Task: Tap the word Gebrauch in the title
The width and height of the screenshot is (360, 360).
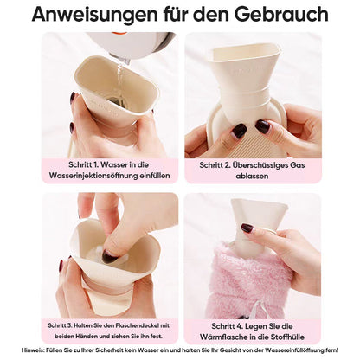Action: pos(281,14)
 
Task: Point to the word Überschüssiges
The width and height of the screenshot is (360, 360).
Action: pos(255,165)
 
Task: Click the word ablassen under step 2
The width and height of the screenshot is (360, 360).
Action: pos(252,176)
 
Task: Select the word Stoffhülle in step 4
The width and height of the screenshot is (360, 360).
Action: pos(287,337)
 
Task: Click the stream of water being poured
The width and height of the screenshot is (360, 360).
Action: pos(120,80)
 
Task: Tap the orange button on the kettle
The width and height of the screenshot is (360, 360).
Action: pos(119,33)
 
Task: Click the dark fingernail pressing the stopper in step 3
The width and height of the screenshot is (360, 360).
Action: pos(109,256)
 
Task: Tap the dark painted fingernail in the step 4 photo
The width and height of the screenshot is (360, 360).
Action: pos(247,228)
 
